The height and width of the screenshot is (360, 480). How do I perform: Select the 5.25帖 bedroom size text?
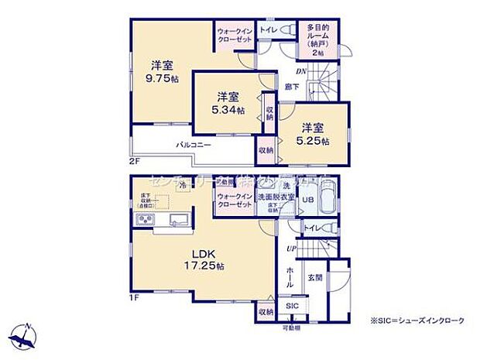point(314,142)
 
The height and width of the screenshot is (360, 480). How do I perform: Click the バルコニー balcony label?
point(194,145)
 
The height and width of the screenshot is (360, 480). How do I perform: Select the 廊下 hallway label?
point(292,87)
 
